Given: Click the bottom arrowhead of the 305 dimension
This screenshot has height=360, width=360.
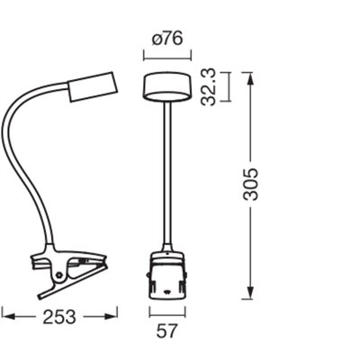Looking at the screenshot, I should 245,294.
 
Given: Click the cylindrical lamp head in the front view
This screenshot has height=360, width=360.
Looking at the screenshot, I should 166,87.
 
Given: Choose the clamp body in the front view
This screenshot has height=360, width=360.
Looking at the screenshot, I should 167,277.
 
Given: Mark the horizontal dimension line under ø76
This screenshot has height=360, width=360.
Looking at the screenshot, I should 167,56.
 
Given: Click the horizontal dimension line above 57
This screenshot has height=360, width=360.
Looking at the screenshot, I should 167,312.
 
